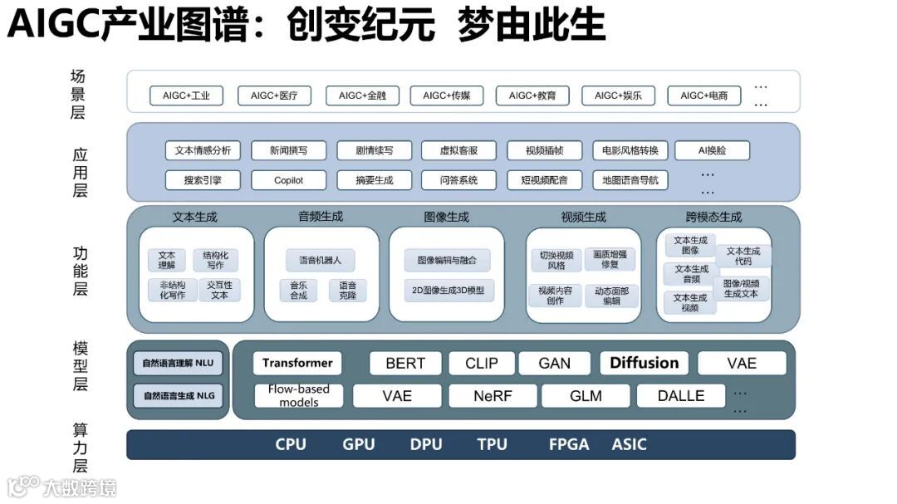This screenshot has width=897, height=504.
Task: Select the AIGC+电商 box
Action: (x=703, y=95)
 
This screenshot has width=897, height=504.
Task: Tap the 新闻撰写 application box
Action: (x=288, y=150)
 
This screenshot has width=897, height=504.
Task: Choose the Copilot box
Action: (x=288, y=179)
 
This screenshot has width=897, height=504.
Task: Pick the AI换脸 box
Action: (x=712, y=150)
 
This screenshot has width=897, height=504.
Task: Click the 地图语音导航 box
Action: (x=630, y=179)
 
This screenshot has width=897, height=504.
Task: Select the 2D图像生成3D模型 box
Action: (x=447, y=291)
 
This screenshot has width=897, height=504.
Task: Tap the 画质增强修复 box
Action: (x=610, y=259)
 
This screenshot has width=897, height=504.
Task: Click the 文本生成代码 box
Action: (x=743, y=255)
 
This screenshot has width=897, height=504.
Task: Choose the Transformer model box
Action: (x=297, y=363)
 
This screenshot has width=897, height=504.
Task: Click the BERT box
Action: (x=405, y=363)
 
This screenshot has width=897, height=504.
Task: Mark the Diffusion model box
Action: (x=644, y=363)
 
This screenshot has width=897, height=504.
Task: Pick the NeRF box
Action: (x=493, y=396)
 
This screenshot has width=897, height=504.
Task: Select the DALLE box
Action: (x=680, y=396)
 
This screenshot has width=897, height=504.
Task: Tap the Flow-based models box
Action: (x=298, y=395)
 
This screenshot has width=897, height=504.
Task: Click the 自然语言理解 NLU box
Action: (x=178, y=363)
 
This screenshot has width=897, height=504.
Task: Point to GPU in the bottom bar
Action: (x=359, y=444)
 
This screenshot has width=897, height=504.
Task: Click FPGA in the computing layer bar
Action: (x=569, y=444)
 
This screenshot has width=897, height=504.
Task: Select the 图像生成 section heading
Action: (x=446, y=217)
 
